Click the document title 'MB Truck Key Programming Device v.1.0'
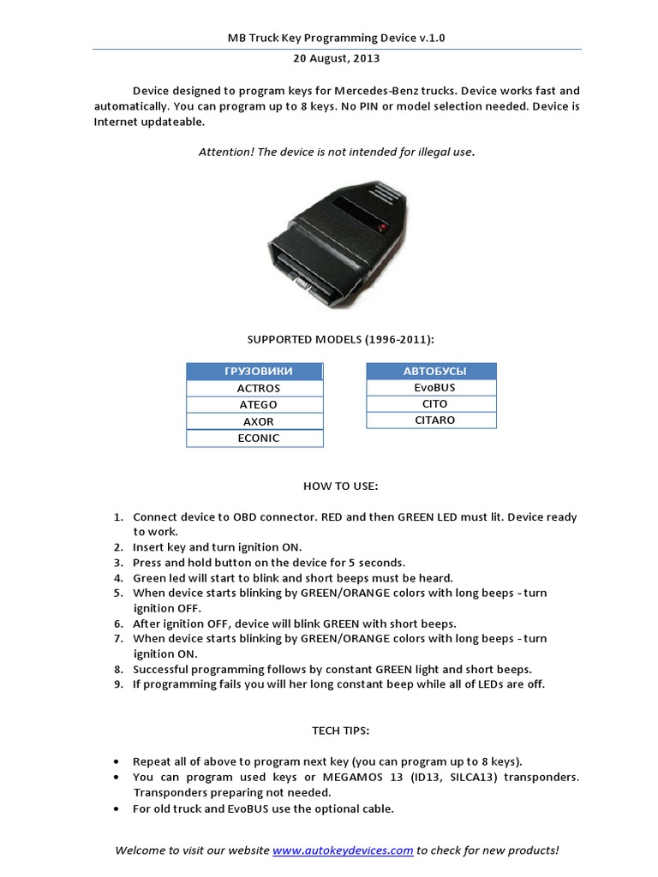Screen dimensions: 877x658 pyautogui.click(x=336, y=39)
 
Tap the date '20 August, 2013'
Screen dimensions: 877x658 pyautogui.click(x=337, y=59)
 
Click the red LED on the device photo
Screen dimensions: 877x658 pyautogui.click(x=382, y=225)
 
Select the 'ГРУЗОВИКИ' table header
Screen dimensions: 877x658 pyautogui.click(x=254, y=371)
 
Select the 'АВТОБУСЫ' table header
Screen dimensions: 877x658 pyautogui.click(x=431, y=371)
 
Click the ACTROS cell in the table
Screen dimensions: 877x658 pyautogui.click(x=254, y=388)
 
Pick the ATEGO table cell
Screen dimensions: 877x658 pyautogui.click(x=254, y=404)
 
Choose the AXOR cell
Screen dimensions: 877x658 pyautogui.click(x=254, y=421)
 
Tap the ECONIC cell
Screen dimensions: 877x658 pyautogui.click(x=254, y=438)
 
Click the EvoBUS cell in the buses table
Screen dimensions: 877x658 pyautogui.click(x=431, y=387)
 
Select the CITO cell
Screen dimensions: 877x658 pyautogui.click(x=431, y=403)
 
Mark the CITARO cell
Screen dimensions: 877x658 pyautogui.click(x=431, y=421)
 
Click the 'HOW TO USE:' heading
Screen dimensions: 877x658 pyautogui.click(x=340, y=486)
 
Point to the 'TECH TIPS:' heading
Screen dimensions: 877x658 pyautogui.click(x=340, y=730)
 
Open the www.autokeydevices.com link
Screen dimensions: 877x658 pyautogui.click(x=343, y=850)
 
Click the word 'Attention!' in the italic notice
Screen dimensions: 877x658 pyautogui.click(x=226, y=152)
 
